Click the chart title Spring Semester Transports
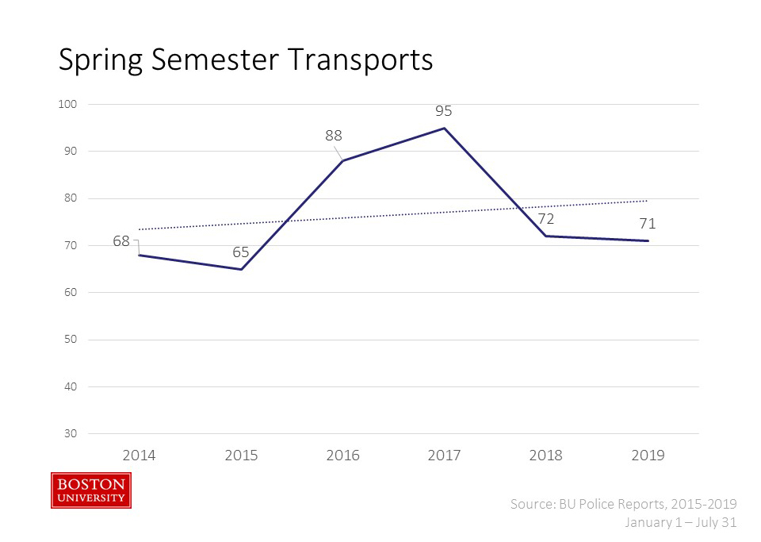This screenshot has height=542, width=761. coord(246,60)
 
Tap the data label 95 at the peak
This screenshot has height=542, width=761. coord(444,111)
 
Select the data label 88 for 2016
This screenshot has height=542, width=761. coord(334,136)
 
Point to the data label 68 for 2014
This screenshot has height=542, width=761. coord(121,240)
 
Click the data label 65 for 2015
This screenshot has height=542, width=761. coord(241,252)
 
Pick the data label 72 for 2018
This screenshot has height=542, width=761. coord(546,219)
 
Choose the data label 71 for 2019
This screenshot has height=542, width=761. coord(648,224)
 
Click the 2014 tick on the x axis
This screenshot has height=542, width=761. coord(139,455)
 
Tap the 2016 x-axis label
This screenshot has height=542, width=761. coord(342,455)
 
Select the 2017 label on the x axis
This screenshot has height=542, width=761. coord(444,455)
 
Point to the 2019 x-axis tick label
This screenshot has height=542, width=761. coord(648,455)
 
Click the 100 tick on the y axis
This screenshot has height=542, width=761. coord(70,104)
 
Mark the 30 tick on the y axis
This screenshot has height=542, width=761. coord(72,434)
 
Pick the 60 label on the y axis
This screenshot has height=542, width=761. coord(72,293)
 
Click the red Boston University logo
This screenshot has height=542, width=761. coord(91,490)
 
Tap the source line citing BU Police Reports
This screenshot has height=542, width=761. coord(624,504)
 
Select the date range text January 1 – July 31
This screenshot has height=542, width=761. coord(681,522)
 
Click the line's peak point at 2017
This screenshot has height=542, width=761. coord(445,128)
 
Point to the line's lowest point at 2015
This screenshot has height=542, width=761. coord(241,270)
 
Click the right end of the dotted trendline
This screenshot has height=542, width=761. coord(648,201)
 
